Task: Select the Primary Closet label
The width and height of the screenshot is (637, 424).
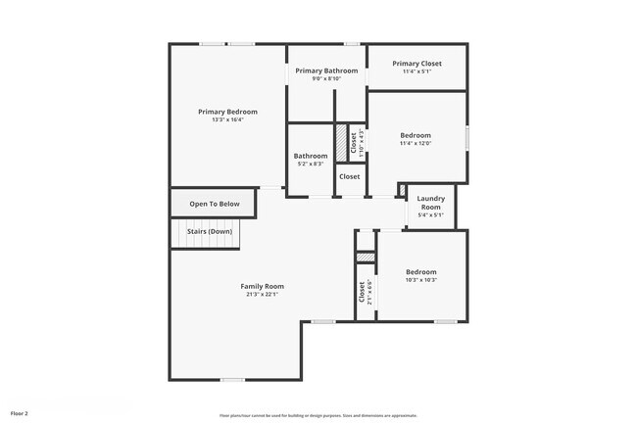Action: click(x=416, y=64)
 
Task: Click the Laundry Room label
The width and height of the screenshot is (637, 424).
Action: click(x=430, y=203)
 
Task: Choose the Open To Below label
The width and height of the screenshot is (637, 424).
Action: click(x=215, y=204)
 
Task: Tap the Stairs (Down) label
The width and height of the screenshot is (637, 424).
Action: click(x=213, y=231)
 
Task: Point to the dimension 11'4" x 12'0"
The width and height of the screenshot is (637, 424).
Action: click(x=416, y=143)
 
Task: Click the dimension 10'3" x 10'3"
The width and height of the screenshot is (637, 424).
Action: click(x=421, y=280)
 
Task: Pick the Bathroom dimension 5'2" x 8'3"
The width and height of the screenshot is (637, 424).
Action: click(x=310, y=164)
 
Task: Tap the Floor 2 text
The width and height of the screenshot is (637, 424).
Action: click(x=20, y=414)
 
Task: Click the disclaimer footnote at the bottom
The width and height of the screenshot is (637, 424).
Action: click(x=318, y=415)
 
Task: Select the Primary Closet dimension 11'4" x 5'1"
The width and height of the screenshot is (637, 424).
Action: click(x=416, y=71)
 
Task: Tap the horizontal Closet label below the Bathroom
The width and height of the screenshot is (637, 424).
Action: click(x=349, y=176)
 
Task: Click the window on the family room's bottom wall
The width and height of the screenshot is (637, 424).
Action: click(x=232, y=379)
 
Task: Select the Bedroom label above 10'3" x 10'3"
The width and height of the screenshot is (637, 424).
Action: click(x=421, y=271)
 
